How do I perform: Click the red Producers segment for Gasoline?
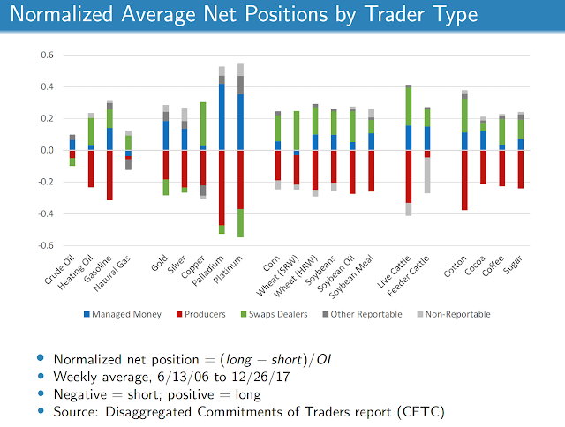[x=109, y=175]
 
